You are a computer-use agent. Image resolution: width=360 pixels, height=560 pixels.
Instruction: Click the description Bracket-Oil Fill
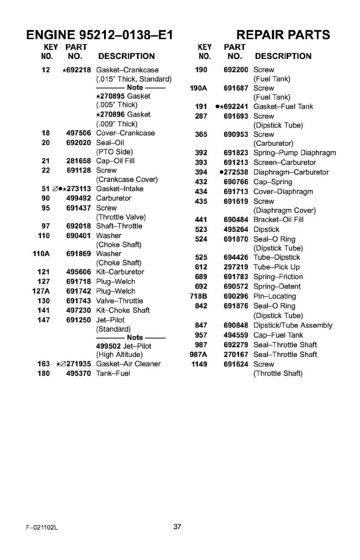[x=279, y=220]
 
